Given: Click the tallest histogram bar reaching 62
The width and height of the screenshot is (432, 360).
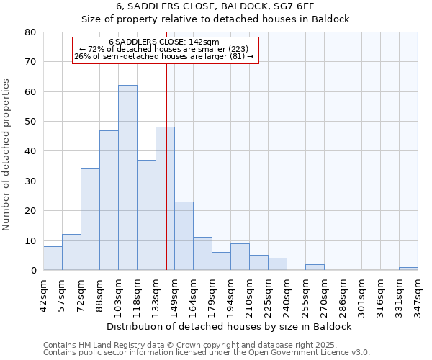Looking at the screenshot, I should click(x=127, y=178).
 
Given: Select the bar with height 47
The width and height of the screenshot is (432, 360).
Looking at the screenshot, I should click(x=109, y=200).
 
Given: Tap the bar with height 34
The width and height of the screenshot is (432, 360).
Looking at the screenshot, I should click(x=90, y=220).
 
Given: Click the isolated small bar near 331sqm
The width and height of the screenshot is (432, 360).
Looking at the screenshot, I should click(x=408, y=269).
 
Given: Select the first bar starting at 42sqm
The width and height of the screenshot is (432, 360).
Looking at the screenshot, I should click(x=53, y=258).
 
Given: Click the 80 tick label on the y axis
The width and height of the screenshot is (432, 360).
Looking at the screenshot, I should click(x=30, y=32).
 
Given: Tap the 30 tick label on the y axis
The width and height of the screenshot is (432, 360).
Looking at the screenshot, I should click(x=30, y=181).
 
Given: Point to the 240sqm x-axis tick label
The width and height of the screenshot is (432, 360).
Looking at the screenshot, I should click(x=287, y=294).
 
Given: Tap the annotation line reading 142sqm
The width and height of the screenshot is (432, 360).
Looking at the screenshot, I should click(x=164, y=42).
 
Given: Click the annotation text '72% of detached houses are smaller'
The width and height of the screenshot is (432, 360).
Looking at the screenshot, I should click(x=164, y=49).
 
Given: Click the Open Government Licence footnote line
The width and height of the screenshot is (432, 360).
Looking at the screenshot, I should click(x=207, y=353).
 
